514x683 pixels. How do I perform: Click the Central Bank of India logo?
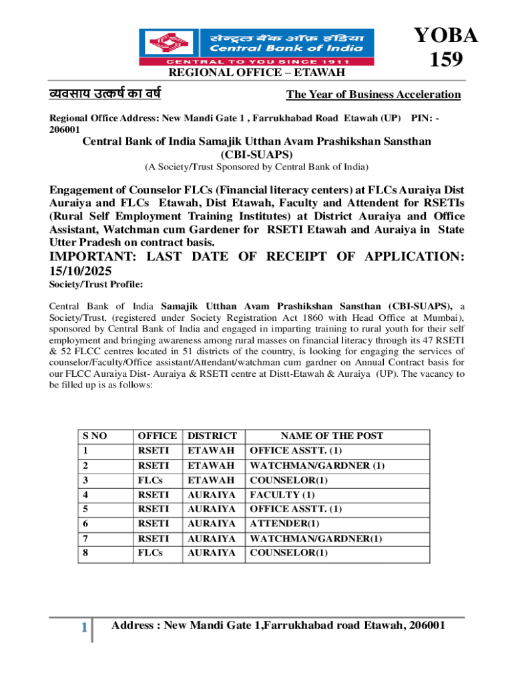pyautogui.click(x=256, y=47)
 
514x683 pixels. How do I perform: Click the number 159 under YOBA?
pyautogui.click(x=445, y=60)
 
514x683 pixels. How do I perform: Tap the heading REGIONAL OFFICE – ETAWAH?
pyautogui.click(x=256, y=72)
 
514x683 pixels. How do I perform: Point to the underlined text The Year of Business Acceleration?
pyautogui.click(x=373, y=94)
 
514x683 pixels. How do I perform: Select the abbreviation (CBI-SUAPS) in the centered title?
pyautogui.click(x=256, y=154)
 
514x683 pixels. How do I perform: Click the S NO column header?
pyautogui.click(x=94, y=436)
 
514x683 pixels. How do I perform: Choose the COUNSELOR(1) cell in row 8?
pyautogui.click(x=288, y=553)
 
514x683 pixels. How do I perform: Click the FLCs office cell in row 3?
pyautogui.click(x=150, y=480)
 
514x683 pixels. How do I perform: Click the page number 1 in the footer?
pyautogui.click(x=83, y=627)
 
